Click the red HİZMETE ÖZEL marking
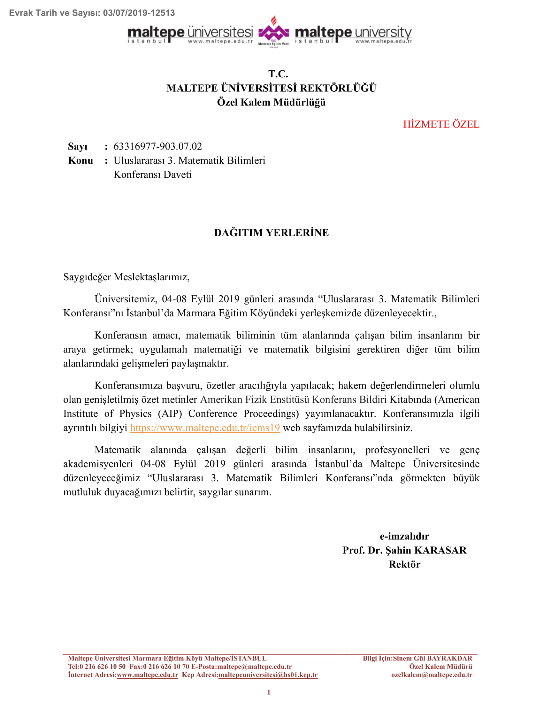441,124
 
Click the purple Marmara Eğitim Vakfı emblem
273,32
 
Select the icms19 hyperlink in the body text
205,428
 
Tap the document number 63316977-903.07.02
157,146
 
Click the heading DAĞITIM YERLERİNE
271,233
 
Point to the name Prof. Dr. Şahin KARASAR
404,550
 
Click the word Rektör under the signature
404,564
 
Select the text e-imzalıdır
404,536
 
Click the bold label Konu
80,161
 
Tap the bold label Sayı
78,146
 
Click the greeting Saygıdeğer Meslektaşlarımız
126,277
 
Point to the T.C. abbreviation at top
278,74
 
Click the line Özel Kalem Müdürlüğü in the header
271,102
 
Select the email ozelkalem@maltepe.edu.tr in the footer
432,675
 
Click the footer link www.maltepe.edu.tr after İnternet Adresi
147,675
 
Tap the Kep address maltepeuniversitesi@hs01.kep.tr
268,675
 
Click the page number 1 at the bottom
269,692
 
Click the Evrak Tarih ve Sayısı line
92,13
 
